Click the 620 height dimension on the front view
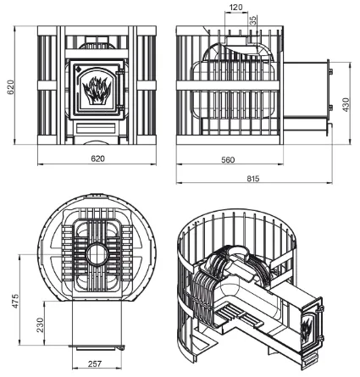[x=10, y=87]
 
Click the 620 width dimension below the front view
[x=97, y=158]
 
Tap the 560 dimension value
[x=228, y=160]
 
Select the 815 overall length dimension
[x=252, y=179]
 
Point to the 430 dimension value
[x=346, y=105]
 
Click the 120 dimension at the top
[x=236, y=7]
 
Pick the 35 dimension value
[x=253, y=20]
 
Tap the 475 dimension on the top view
[x=15, y=301]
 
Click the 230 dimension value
[x=41, y=324]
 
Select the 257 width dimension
[x=95, y=363]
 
